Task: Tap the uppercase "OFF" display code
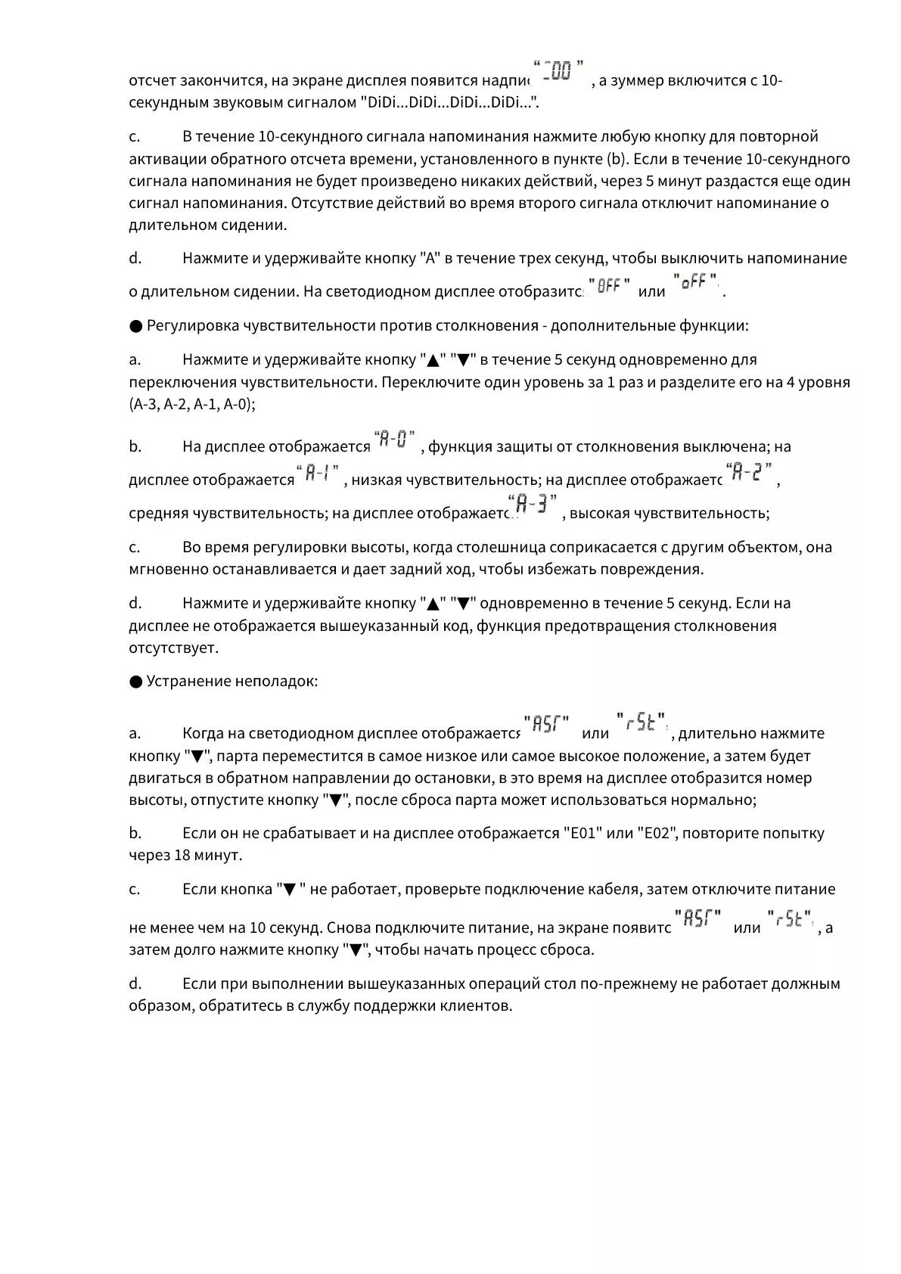pyautogui.click(x=609, y=286)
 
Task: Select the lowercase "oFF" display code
pyautogui.click(x=694, y=283)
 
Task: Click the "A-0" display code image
pyautogui.click(x=394, y=439)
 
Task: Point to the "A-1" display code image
pyautogui.click(x=318, y=474)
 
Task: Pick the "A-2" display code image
pyautogui.click(x=749, y=474)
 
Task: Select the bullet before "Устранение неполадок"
pyautogui.click(x=135, y=682)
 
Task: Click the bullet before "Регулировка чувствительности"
pyautogui.click(x=135, y=326)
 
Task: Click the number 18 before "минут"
pyautogui.click(x=182, y=856)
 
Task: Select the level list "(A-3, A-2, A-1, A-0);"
pyautogui.click(x=192, y=404)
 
